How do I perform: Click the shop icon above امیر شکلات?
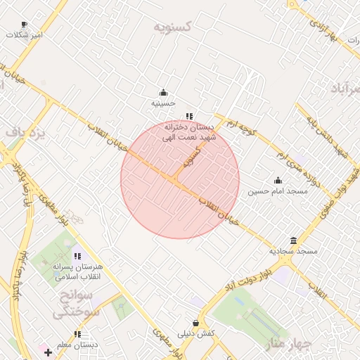tap(25, 24)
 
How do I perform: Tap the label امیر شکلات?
tap(25, 34)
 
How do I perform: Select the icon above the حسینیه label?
tap(164, 92)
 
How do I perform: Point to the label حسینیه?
tap(163, 103)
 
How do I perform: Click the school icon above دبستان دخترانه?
tap(188, 116)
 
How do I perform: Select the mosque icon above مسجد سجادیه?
tap(293, 240)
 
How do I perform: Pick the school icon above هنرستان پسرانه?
tap(77, 257)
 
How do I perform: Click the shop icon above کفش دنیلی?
tap(195, 323)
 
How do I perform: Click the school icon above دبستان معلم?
tap(77, 334)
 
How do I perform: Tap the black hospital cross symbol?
tap(48, 352)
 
